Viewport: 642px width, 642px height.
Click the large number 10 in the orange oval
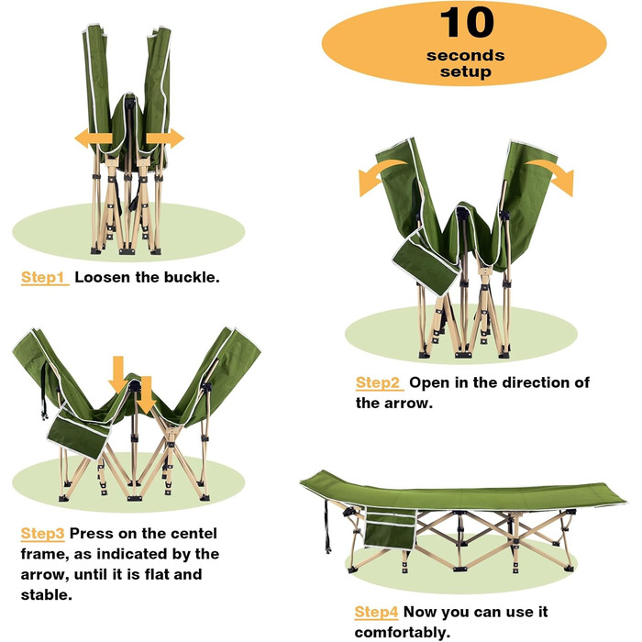466,23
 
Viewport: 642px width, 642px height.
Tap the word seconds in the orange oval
466,55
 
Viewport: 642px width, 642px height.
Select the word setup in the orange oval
466,72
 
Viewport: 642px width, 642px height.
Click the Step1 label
45,277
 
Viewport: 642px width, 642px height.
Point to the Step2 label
379,382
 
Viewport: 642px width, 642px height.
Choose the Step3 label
42,534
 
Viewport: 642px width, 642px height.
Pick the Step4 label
376,612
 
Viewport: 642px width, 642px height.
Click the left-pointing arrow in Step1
94,138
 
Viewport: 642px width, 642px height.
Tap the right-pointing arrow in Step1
165,138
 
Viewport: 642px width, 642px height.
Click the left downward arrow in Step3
118,374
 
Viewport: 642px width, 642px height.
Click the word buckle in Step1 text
192,277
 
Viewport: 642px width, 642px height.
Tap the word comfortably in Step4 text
402,632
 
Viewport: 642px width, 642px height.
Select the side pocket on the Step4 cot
390,528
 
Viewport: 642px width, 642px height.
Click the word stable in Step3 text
46,595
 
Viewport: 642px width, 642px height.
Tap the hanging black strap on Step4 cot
327,526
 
